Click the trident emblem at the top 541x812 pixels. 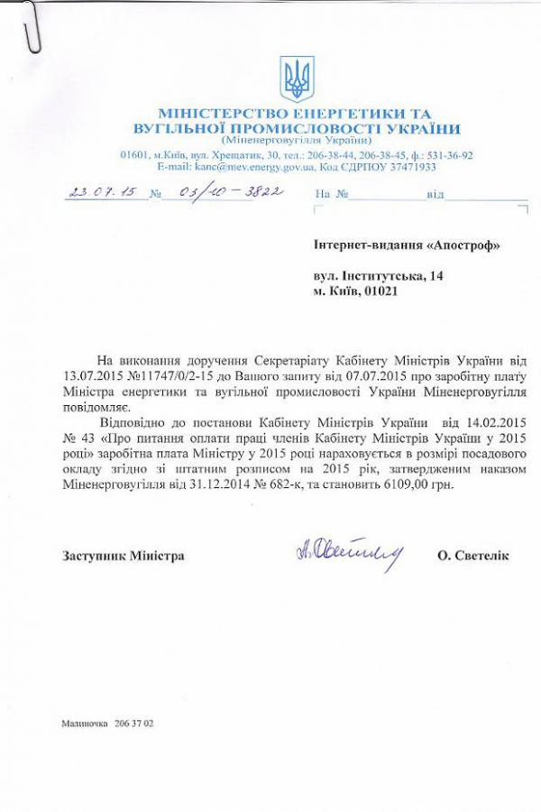pyautogui.click(x=294, y=78)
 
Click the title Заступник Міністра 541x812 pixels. pyautogui.click(x=124, y=556)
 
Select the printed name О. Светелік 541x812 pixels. pyautogui.click(x=472, y=556)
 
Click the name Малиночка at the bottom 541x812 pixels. pyautogui.click(x=85, y=724)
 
